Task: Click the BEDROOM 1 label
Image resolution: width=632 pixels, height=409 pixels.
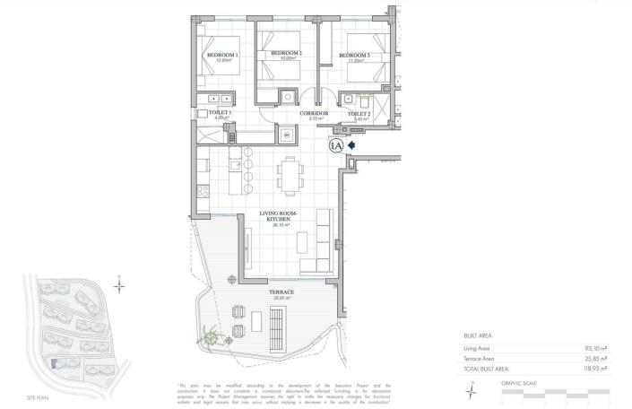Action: click(x=221, y=56)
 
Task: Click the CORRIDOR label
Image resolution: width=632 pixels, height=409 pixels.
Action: click(x=314, y=114)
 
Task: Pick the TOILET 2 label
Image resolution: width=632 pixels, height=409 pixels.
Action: click(x=359, y=115)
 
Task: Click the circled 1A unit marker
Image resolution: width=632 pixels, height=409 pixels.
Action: click(x=337, y=144)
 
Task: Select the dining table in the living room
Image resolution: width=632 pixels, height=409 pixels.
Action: click(x=289, y=174)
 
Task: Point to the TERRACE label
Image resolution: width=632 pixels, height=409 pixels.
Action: click(x=281, y=292)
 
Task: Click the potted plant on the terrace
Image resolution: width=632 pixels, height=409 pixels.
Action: click(x=212, y=338)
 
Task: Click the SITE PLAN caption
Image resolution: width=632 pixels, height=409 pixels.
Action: click(x=38, y=396)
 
